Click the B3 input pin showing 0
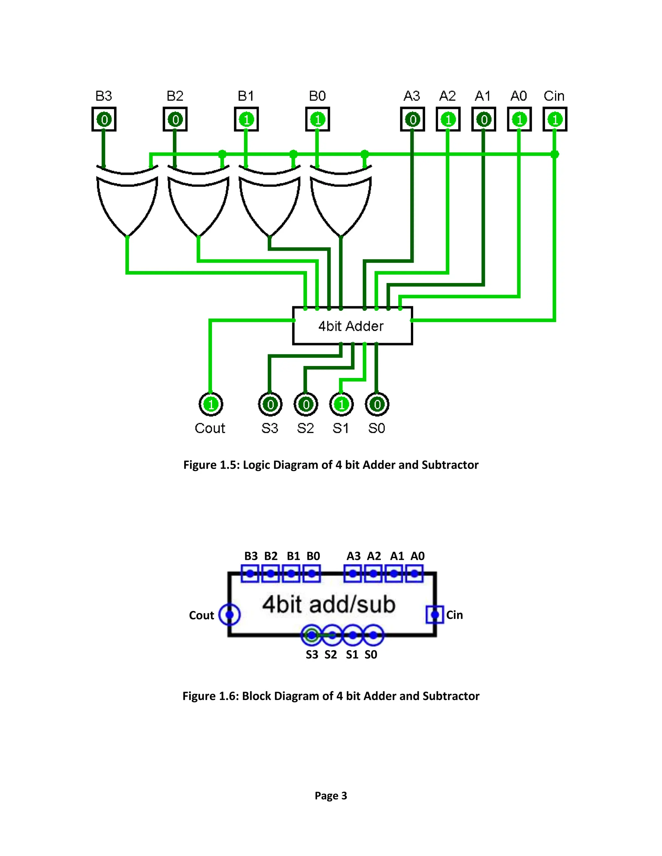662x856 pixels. pos(104,119)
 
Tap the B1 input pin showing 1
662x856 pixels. pos(246,119)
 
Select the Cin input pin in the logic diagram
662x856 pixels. pos(555,119)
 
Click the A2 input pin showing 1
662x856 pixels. pos(448,119)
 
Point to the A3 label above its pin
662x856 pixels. pos(412,96)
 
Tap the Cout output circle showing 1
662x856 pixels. pos(211,404)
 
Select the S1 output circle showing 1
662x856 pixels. pos(341,404)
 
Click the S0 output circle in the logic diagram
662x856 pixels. pos(377,404)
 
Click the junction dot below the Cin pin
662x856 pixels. pos(555,154)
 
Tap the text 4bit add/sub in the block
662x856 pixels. pos(329,604)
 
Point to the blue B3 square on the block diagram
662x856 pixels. pos(250,574)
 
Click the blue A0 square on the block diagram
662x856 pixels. pos(414,574)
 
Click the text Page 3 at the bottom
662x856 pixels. pos(331,796)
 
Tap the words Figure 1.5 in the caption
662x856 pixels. pos(211,465)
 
